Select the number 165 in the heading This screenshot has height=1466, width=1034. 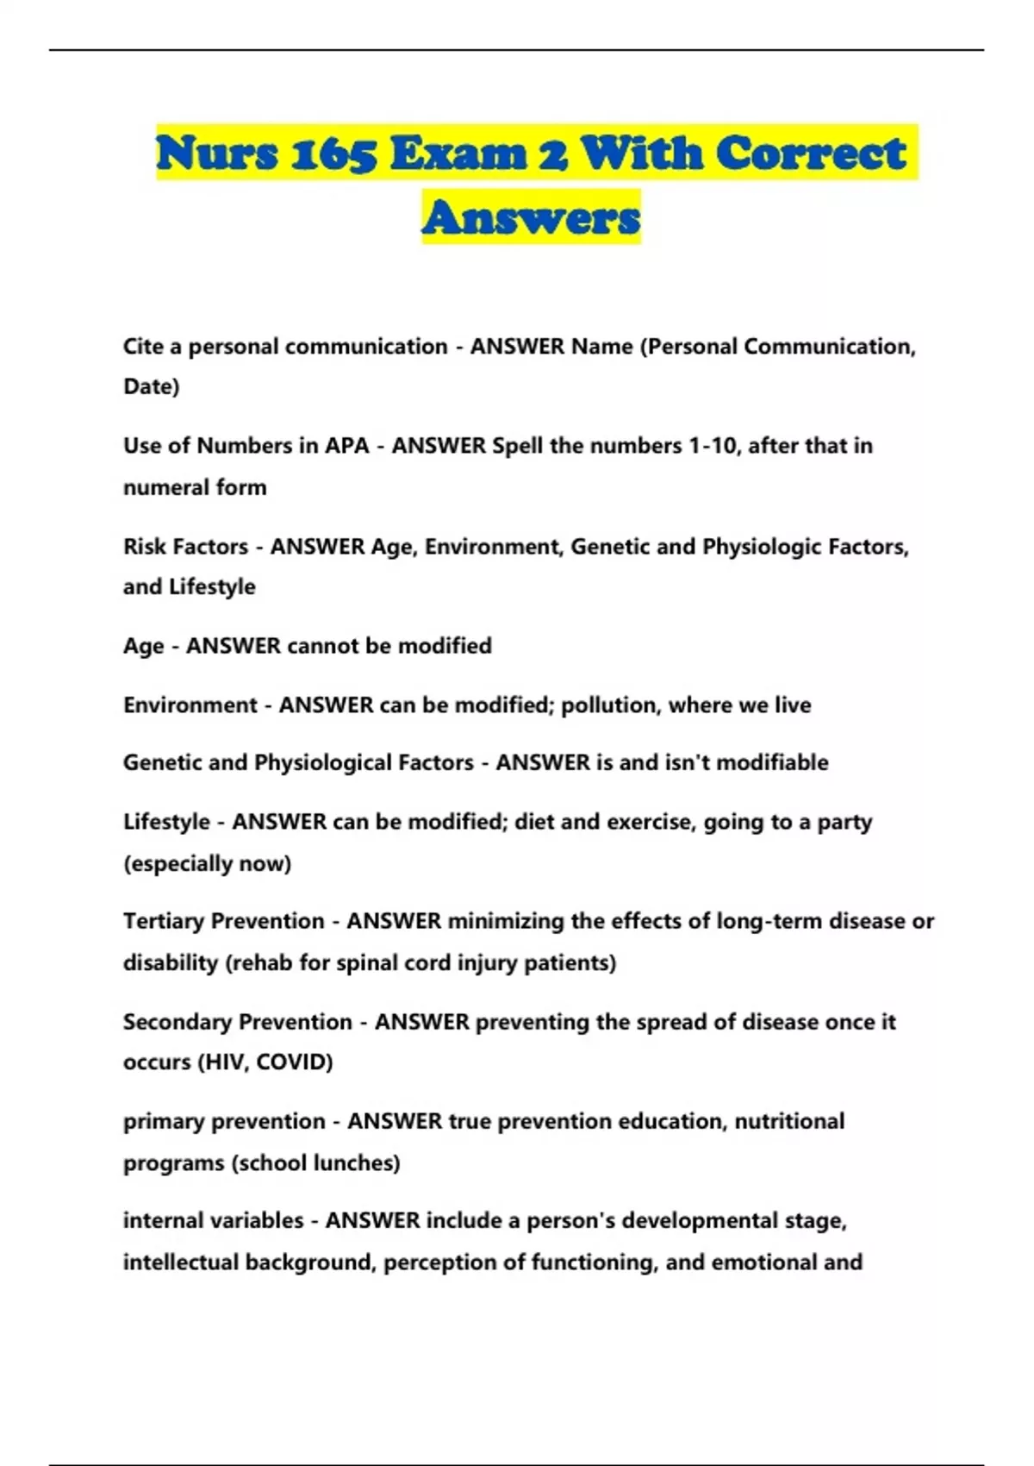point(333,154)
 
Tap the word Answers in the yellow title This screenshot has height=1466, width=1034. point(531,218)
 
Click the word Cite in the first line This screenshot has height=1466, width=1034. point(143,347)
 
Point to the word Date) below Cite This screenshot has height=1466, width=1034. point(152,386)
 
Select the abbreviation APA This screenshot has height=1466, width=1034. point(346,446)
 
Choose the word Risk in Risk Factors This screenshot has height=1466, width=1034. point(144,547)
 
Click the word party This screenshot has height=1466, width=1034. point(844,822)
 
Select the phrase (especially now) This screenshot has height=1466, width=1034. point(207,863)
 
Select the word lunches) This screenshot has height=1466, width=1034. point(357,1163)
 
